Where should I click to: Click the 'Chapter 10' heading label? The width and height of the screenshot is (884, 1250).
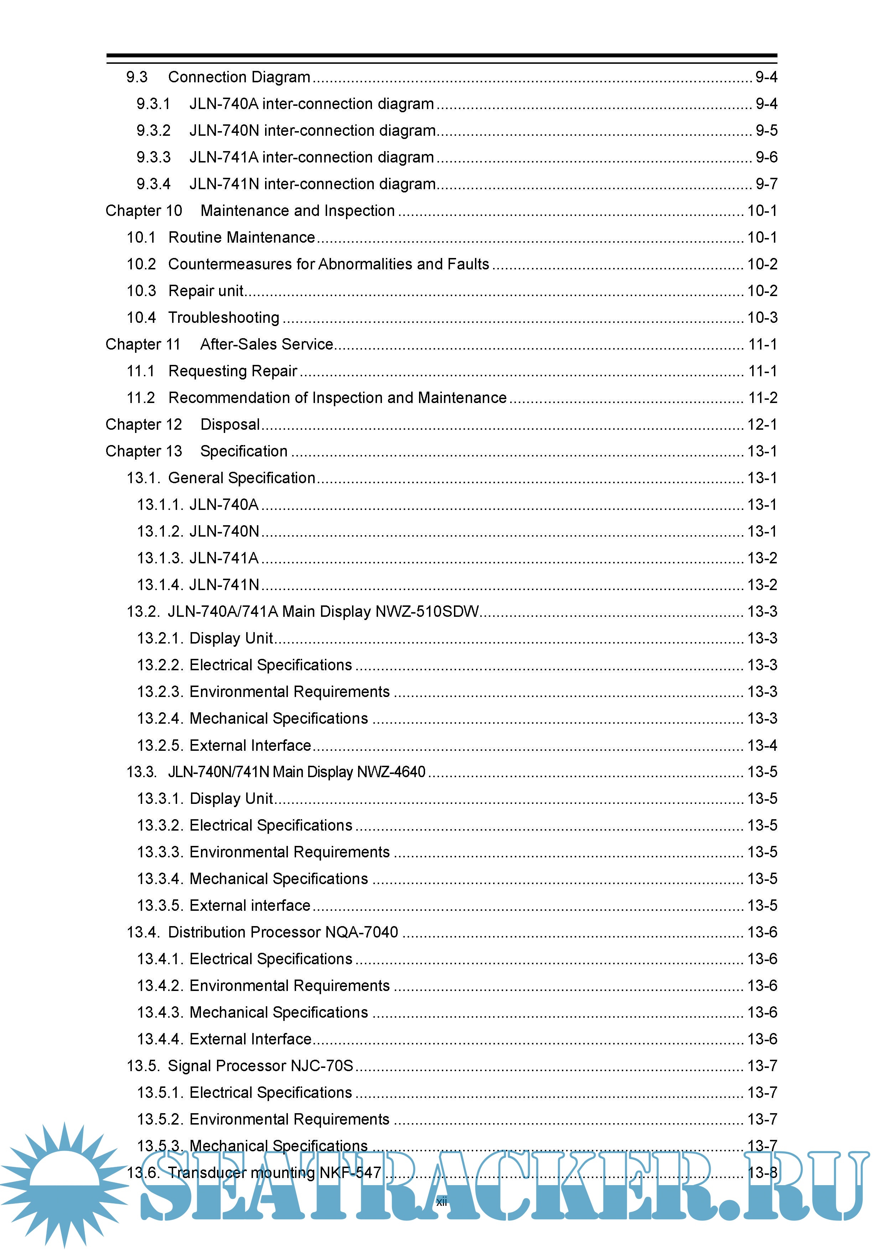144,211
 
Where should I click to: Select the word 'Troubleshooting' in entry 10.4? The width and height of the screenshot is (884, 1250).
224,317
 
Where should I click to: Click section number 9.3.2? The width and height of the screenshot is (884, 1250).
154,131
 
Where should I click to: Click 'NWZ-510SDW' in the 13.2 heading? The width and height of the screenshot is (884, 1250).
427,611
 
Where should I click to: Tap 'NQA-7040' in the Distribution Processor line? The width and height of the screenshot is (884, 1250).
362,932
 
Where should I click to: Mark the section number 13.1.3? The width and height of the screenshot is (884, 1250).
160,558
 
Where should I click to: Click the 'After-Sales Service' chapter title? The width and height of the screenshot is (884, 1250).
267,344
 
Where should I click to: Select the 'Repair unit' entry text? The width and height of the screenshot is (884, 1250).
206,291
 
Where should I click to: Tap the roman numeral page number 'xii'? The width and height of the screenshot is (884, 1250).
441,1202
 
